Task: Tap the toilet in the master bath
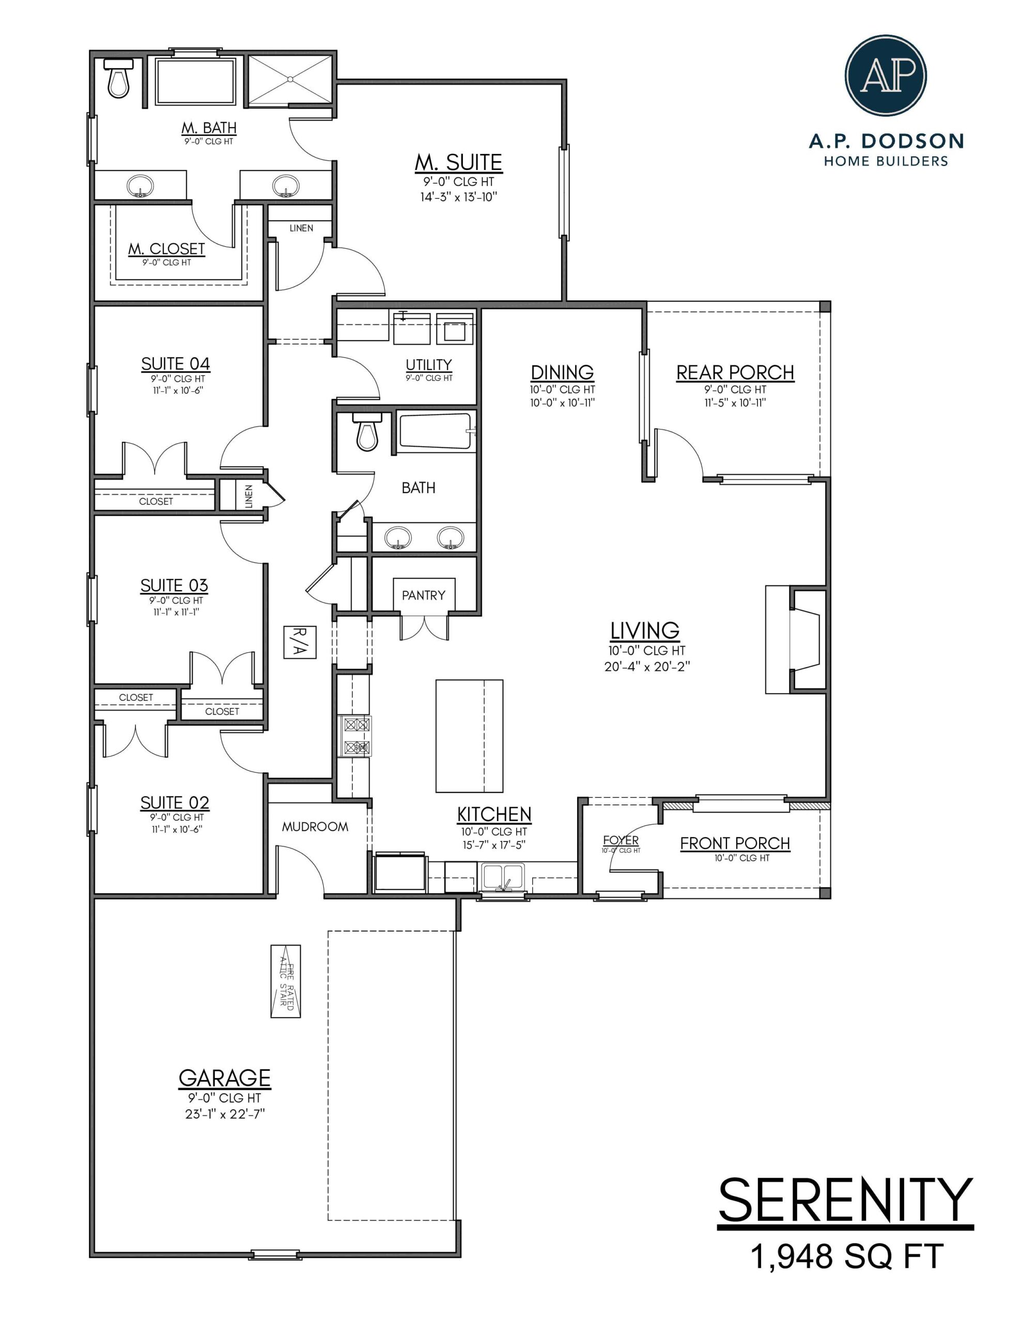tap(119, 79)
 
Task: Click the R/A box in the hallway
tap(300, 642)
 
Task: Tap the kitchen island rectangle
tap(469, 735)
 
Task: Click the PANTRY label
tap(424, 595)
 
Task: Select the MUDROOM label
tap(315, 826)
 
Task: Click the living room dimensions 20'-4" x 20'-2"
tap(647, 666)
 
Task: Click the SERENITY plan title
tap(845, 1201)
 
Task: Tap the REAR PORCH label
tap(735, 373)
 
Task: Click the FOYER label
tap(621, 840)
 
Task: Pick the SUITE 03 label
tap(174, 585)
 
